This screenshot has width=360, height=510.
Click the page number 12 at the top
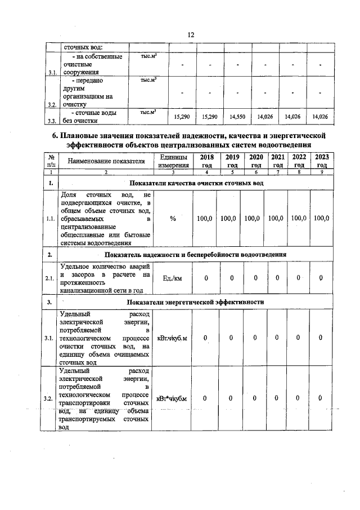tap(191, 35)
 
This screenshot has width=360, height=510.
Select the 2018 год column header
tap(206, 161)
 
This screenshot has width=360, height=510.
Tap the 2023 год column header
tap(321, 161)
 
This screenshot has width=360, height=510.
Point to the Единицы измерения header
tap(173, 161)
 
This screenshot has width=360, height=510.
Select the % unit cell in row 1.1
tap(173, 218)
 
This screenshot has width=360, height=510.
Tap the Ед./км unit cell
tap(172, 277)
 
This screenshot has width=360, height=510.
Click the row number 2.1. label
tap(50, 278)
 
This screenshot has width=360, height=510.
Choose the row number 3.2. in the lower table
tap(49, 399)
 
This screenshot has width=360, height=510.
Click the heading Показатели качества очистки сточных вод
tap(196, 184)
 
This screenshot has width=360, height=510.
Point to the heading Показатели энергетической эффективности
tap(196, 302)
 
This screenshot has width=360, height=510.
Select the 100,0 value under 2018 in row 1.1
tap(206, 218)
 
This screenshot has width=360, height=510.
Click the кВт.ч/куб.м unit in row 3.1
tap(172, 338)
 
